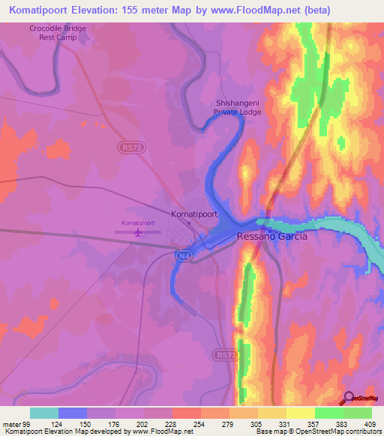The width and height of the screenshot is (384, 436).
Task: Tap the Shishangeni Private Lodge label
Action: (x=238, y=110)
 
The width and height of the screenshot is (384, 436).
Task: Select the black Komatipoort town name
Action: (x=194, y=214)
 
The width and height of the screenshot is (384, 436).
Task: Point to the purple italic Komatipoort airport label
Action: (x=137, y=223)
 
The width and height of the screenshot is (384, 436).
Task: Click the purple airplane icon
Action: (x=138, y=232)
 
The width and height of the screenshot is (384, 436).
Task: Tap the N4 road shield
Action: (x=183, y=256)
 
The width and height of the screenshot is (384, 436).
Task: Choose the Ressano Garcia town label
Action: (x=271, y=235)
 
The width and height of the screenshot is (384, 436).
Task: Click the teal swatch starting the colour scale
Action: (x=44, y=413)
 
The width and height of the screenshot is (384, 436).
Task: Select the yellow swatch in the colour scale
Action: (x=301, y=413)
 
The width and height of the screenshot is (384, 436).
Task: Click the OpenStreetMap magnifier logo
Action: (x=348, y=400)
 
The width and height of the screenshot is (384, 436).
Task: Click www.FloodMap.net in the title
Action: (x=244, y=10)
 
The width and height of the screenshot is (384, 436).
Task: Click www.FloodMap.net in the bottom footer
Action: (x=161, y=432)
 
